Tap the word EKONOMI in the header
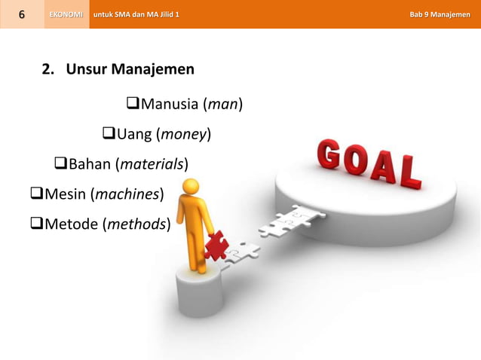pyautogui.click(x=66, y=14)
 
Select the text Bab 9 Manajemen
pyautogui.click(x=440, y=14)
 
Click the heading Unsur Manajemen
pyautogui.click(x=130, y=70)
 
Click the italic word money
pyautogui.click(x=182, y=135)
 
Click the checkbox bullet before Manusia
pyautogui.click(x=123, y=103)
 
